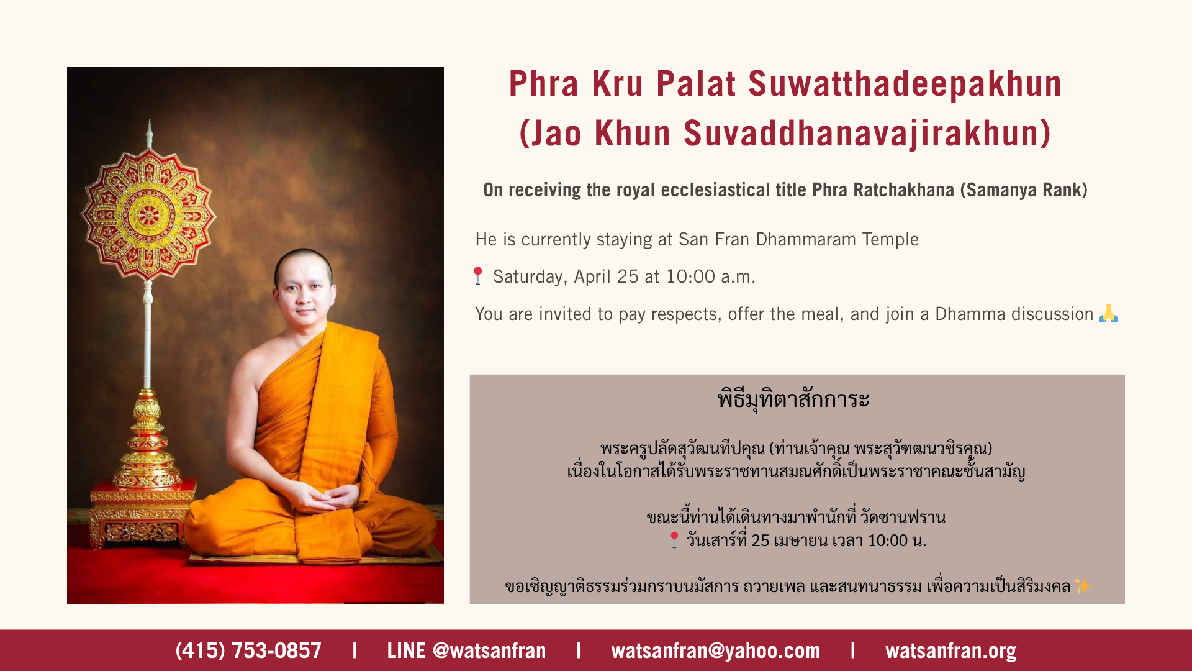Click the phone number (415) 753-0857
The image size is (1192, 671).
[248, 650]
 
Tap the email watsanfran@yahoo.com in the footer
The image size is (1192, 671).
[716, 650]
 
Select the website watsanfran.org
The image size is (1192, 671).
[951, 651]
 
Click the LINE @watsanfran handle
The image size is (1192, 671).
[466, 650]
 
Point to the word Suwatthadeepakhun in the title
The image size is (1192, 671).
[905, 84]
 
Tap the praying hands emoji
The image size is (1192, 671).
[1108, 313]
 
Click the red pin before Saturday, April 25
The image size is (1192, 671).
[477, 276]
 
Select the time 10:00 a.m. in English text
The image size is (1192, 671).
[710, 276]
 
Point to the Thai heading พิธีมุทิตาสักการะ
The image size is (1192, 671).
[793, 399]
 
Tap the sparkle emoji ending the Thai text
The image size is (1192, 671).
[1082, 586]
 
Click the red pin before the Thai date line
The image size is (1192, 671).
[674, 540]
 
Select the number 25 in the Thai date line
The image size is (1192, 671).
[761, 541]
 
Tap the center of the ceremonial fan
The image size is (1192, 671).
[148, 216]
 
